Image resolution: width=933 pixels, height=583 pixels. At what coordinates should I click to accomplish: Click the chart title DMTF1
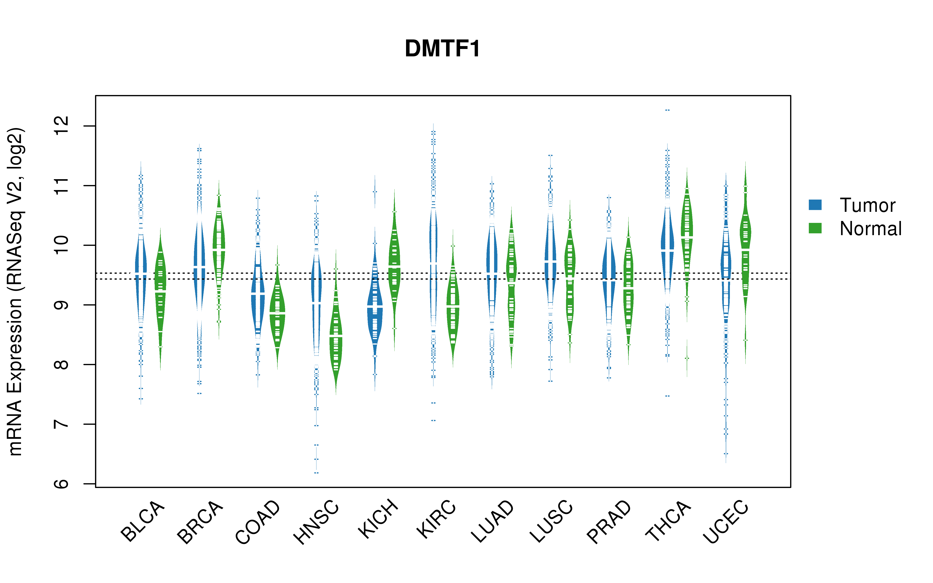tap(443, 49)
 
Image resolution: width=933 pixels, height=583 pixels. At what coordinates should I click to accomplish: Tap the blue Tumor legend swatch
tap(815, 205)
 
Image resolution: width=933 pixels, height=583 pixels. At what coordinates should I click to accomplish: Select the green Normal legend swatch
tap(815, 228)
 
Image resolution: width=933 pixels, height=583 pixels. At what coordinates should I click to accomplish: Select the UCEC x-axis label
tap(726, 521)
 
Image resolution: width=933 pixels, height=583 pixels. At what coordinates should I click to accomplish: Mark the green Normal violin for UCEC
tap(745, 262)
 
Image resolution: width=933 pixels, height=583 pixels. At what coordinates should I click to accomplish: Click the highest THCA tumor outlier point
tap(667, 110)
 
